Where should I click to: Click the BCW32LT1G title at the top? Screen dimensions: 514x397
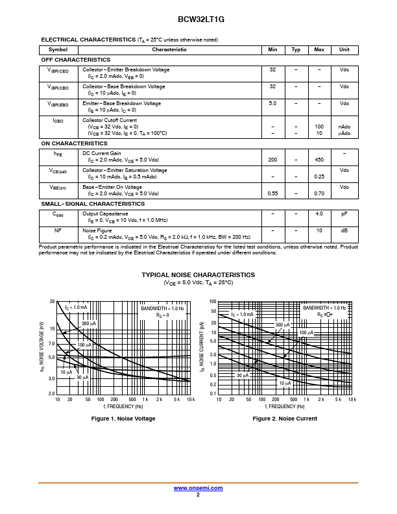[x=198, y=20]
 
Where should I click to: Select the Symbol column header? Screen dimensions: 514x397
[x=58, y=49]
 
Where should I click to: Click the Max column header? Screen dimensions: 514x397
[x=319, y=49]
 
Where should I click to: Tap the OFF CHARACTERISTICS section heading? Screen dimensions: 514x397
[x=75, y=60]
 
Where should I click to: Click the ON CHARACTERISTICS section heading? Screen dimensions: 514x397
[x=74, y=143]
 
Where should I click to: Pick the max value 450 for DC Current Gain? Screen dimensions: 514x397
[x=319, y=160]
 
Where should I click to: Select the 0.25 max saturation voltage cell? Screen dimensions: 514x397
[x=319, y=177]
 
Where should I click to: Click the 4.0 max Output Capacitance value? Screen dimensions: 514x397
[x=319, y=214]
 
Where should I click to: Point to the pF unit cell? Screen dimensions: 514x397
[x=344, y=214]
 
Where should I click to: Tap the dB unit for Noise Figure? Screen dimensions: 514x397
[x=344, y=230]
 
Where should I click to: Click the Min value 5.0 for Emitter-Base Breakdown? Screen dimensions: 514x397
[x=272, y=103]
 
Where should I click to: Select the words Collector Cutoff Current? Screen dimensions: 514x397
[x=110, y=120]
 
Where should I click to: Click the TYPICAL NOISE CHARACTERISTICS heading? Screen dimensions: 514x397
[x=198, y=275]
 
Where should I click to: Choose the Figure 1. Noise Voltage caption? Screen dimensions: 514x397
[x=123, y=419]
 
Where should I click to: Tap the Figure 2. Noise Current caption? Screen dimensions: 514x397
[x=285, y=419]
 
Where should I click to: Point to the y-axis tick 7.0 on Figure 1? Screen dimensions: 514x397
[x=51, y=343]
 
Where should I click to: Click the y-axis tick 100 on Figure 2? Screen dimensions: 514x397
[x=212, y=302]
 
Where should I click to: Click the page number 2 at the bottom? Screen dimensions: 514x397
[x=198, y=495]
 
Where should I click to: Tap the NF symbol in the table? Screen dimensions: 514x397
[x=58, y=230]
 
